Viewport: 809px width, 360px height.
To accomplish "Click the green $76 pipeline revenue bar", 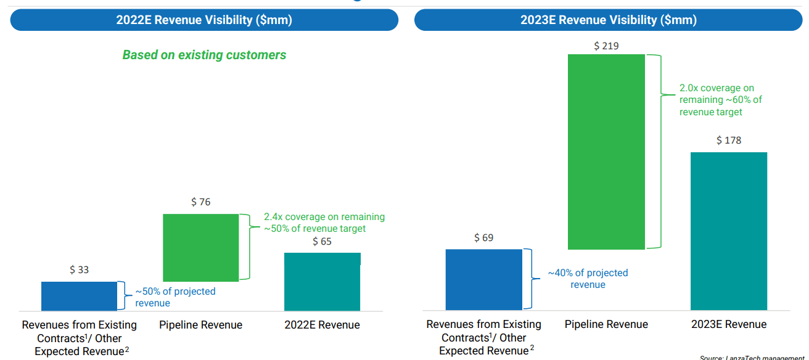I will [200, 247].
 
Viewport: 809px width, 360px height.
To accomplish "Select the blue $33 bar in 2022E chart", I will [79, 296].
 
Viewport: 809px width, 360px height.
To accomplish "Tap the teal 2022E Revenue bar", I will [322, 281].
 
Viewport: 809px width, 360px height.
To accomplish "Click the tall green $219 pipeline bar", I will [606, 152].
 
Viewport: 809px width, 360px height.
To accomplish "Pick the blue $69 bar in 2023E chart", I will [483, 279].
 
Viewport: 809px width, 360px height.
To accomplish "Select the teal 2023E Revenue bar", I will [728, 231].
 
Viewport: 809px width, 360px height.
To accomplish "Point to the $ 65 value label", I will [322, 242].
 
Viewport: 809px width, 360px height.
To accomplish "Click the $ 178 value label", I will [729, 141].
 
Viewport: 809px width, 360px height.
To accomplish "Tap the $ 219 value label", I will [606, 46].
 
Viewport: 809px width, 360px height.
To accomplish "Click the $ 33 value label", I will [79, 270].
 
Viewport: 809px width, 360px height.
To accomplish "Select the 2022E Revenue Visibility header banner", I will [204, 20].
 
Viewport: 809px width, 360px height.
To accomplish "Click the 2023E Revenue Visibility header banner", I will [608, 20].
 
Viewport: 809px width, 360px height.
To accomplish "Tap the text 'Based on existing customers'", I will [204, 55].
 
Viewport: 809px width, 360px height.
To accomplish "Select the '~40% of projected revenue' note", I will [588, 279].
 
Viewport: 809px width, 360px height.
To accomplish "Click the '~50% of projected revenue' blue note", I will [175, 297].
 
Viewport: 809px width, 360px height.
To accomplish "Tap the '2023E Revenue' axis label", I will [728, 324].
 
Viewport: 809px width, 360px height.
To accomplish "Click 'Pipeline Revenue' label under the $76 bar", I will [200, 325].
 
